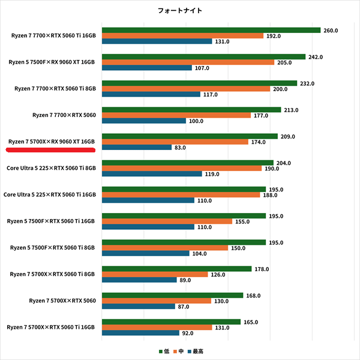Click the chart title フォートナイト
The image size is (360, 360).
pyautogui.click(x=179, y=11)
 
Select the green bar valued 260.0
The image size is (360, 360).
pyautogui.click(x=211, y=30)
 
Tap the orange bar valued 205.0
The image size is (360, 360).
pyautogui.click(x=188, y=62)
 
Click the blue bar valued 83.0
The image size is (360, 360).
pyautogui.click(x=137, y=147)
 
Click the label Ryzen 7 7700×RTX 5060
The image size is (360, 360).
pyautogui.click(x=64, y=115)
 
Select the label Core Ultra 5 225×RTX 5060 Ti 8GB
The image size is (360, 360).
pyautogui.click(x=50, y=168)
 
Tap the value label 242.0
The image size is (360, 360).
pyautogui.click(x=316, y=57)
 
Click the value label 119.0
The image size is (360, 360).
pyautogui.click(x=212, y=174)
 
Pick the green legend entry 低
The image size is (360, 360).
pyautogui.click(x=164, y=351)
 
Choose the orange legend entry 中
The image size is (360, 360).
pyautogui.click(x=179, y=351)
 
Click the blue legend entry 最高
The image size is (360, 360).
pyautogui.click(x=196, y=351)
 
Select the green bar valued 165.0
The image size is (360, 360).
pyautogui.click(x=171, y=322)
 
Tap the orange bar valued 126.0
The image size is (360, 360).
pyautogui.click(x=155, y=274)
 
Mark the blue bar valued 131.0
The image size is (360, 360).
pyautogui.click(x=157, y=41)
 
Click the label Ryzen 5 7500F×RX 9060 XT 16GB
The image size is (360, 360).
pyautogui.click(x=52, y=62)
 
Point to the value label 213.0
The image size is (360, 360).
pyautogui.click(x=291, y=110)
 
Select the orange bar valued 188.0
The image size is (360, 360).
pyautogui.click(x=181, y=194)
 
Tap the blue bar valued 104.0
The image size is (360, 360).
pyautogui.click(x=146, y=253)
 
